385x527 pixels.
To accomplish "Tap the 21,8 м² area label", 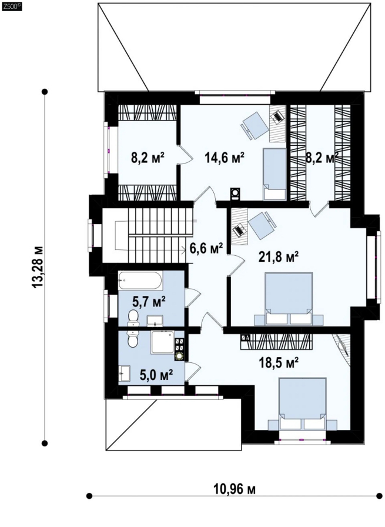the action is click(279, 258).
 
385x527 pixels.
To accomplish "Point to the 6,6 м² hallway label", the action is click(206, 249).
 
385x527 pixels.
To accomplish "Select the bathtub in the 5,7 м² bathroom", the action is click(140, 281).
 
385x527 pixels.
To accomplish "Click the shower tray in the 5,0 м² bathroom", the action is click(163, 342).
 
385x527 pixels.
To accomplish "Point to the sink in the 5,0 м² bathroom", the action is click(124, 373).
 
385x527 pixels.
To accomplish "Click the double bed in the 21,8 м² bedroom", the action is click(289, 298).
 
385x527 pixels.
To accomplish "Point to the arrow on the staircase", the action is click(184, 249).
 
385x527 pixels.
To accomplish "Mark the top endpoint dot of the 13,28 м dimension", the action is click(44, 91).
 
